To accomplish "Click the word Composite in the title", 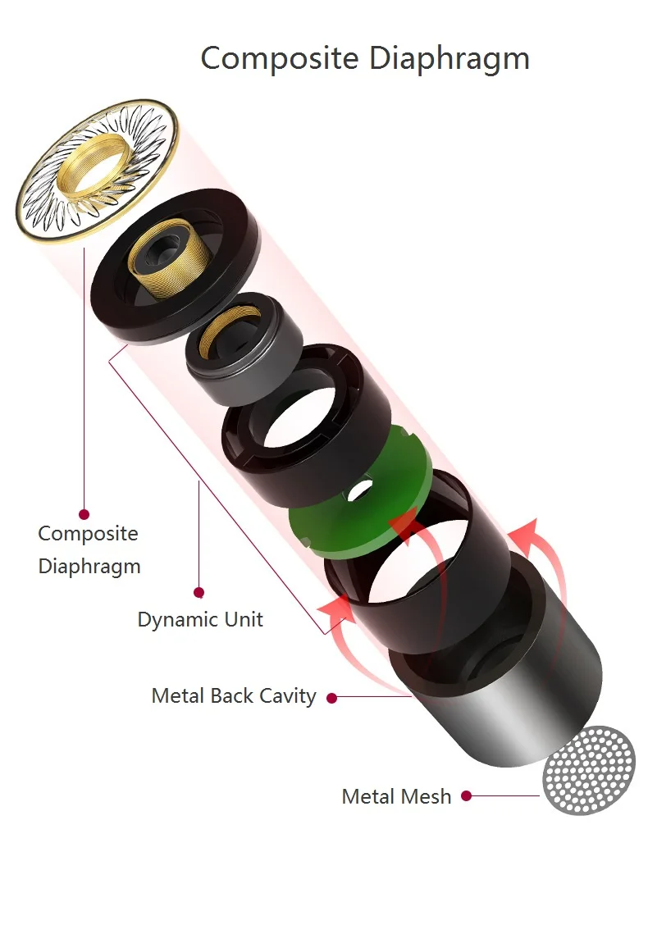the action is pos(280,58).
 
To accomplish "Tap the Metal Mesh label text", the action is pos(396,796).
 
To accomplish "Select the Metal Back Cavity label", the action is pos(234,696).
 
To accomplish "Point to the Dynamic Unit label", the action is pos(200,619).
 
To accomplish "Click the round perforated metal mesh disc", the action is pos(589,771).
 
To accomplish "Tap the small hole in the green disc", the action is pos(360,490).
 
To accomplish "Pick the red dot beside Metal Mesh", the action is pos(466,795).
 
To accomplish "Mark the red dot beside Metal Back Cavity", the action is pos(331,698).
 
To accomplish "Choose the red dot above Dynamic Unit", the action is pos(199,592).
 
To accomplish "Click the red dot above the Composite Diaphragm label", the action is pos(84,514).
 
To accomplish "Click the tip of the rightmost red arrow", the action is pos(535,520).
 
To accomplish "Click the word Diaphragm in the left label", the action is pos(89,567).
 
